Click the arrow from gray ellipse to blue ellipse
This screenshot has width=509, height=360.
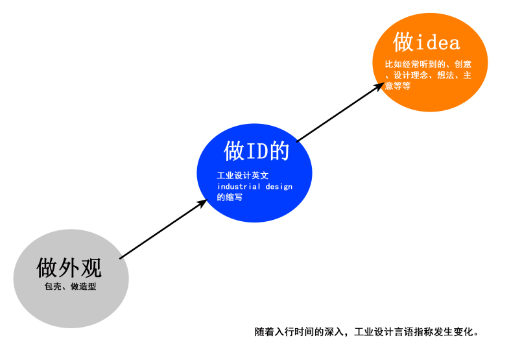tap(162, 230)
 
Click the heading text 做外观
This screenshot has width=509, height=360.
tap(69, 267)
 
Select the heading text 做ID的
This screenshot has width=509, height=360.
tap(255, 151)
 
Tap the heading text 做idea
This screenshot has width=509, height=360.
tap(426, 42)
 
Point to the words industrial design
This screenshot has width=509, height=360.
tap(255, 187)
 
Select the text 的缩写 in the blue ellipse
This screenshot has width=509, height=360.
tap(230, 197)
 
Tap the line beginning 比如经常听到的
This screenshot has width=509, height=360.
tap(427, 64)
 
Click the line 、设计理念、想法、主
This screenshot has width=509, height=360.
tap(429, 75)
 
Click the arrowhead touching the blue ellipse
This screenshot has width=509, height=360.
tap(201, 203)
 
